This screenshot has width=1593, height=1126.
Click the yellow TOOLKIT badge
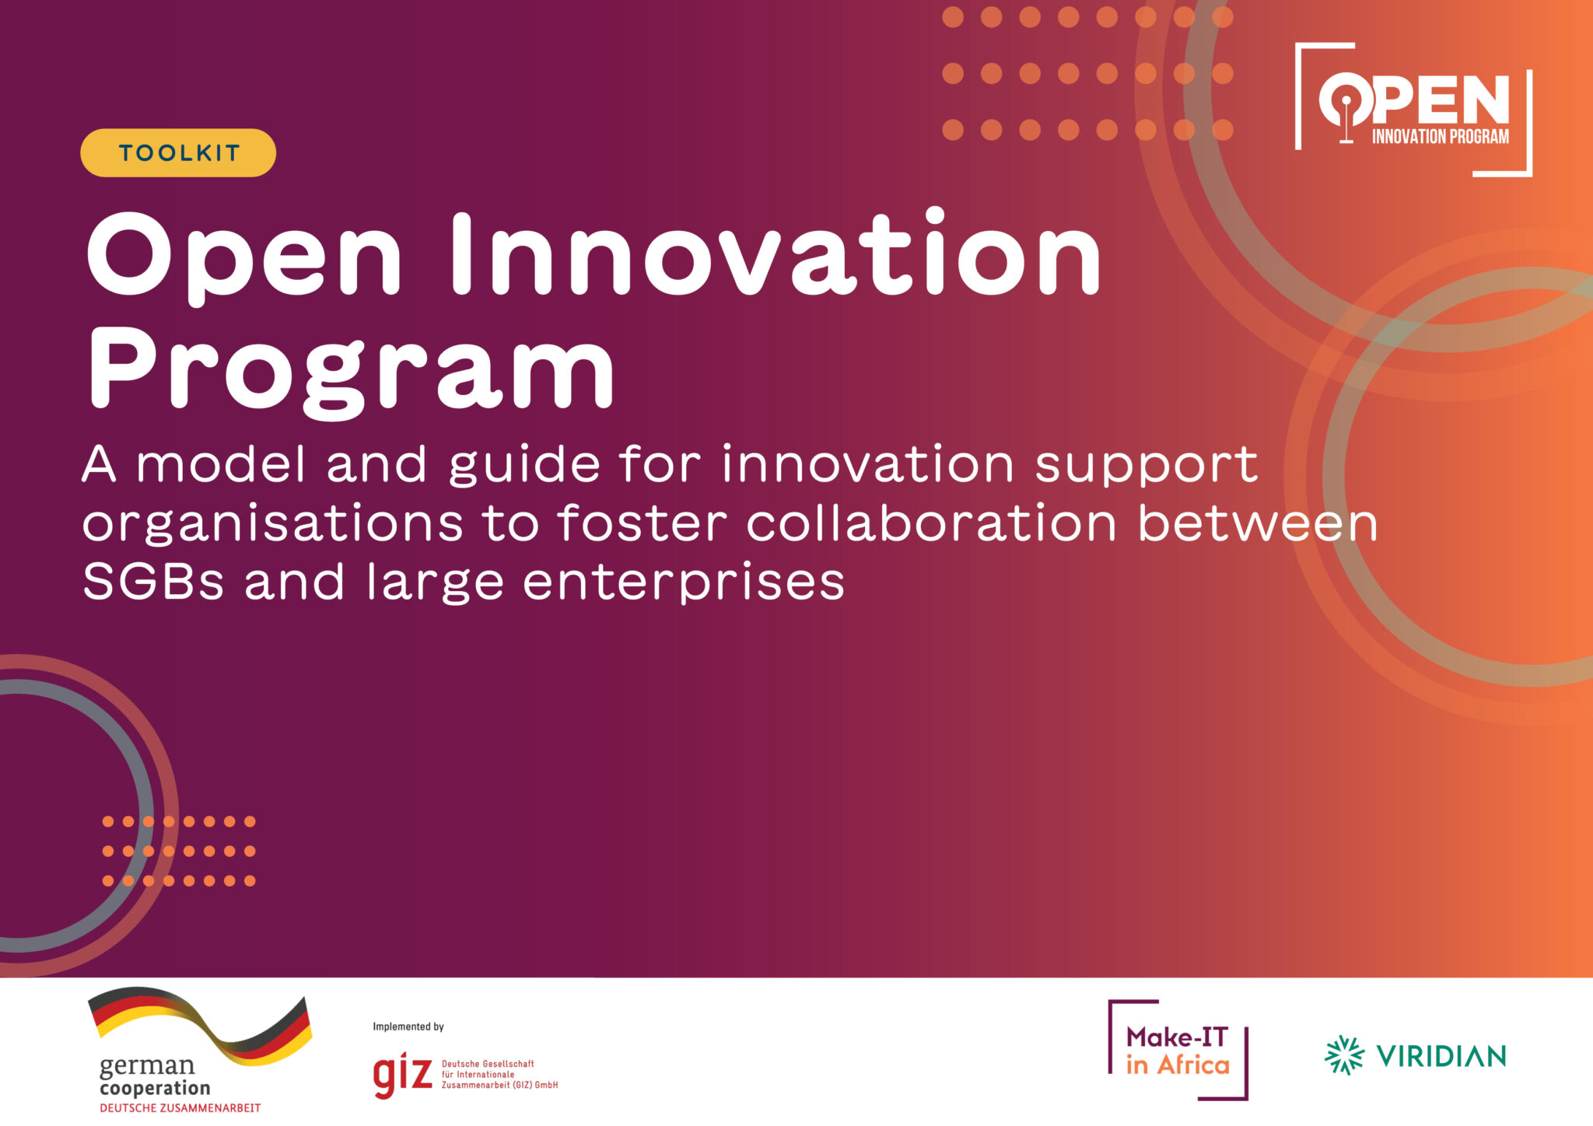click(178, 152)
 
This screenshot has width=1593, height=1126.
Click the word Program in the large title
click(352, 371)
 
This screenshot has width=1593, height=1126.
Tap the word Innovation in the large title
click(776, 253)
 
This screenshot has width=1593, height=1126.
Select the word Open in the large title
click(244, 257)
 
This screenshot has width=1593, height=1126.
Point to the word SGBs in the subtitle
click(153, 581)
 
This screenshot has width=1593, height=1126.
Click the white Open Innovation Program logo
click(1413, 109)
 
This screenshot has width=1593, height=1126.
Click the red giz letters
click(402, 1075)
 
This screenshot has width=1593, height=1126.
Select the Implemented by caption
click(408, 1026)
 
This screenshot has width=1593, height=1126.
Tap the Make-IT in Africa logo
click(1178, 1050)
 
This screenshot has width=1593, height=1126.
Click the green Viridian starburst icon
click(1344, 1055)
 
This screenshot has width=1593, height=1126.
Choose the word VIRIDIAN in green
click(1441, 1055)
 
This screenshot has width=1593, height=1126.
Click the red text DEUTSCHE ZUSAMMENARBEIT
click(180, 1107)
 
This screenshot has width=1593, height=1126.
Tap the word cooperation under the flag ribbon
click(155, 1088)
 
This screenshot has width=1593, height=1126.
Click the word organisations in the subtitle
click(273, 524)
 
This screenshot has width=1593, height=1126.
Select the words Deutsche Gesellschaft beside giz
click(488, 1064)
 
